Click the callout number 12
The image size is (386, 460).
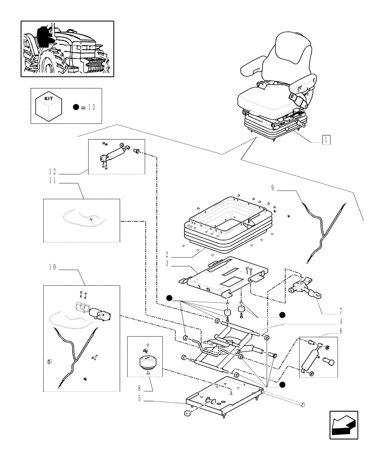pyautogui.click(x=52, y=171)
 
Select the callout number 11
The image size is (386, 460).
pyautogui.click(x=52, y=180)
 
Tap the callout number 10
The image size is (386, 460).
pyautogui.click(x=52, y=267)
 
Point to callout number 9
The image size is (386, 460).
pyautogui.click(x=272, y=188)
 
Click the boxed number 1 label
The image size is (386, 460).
pyautogui.click(x=326, y=140)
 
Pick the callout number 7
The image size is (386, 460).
pyautogui.click(x=341, y=311)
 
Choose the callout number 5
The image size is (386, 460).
pyautogui.click(x=139, y=398)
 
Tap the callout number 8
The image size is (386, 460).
pyautogui.click(x=139, y=388)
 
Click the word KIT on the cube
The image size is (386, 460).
pyautogui.click(x=48, y=99)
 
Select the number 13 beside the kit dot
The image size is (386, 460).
pyautogui.click(x=91, y=107)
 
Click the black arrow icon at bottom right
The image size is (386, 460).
pyautogui.click(x=344, y=425)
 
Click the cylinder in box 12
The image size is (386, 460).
pyautogui.click(x=115, y=154)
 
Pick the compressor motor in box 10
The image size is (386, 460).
pyautogui.click(x=100, y=314)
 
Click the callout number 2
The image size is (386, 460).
pyautogui.click(x=167, y=254)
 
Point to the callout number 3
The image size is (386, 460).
pyautogui.click(x=167, y=264)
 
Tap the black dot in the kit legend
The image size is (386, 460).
pyautogui.click(x=76, y=107)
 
